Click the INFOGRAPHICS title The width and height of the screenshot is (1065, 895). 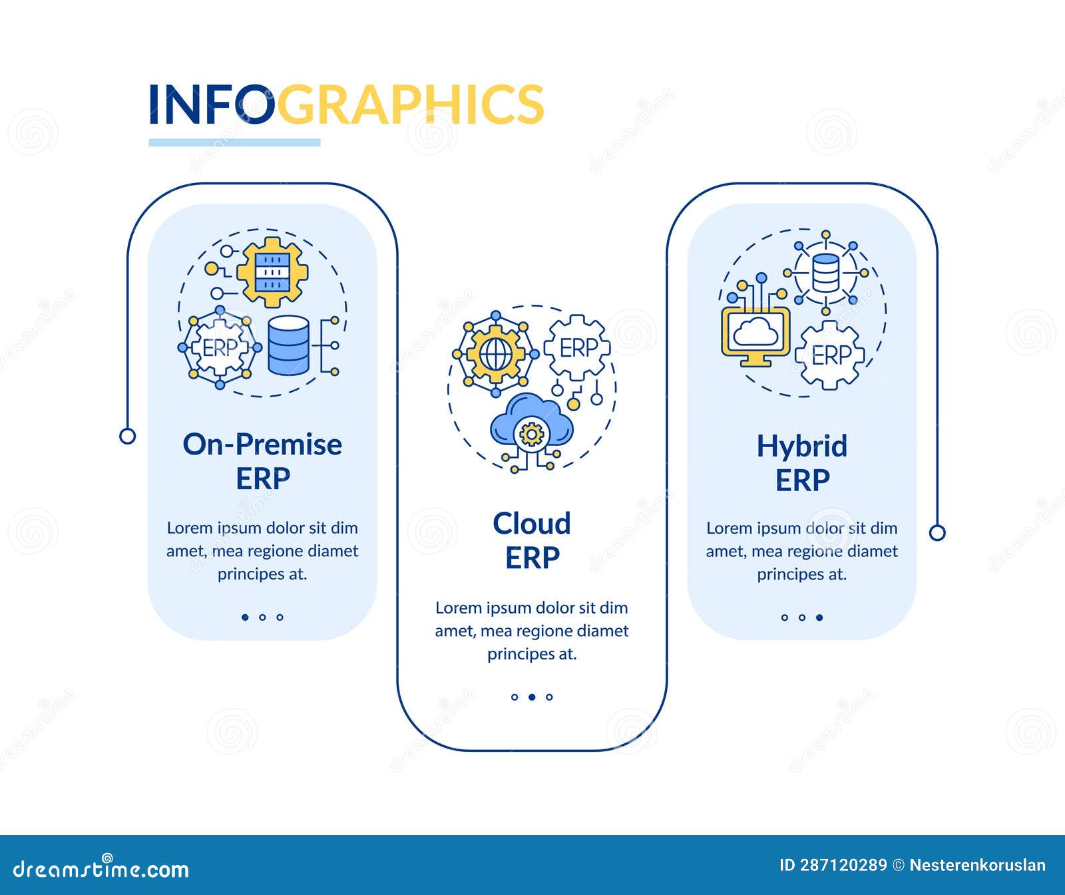coord(345,104)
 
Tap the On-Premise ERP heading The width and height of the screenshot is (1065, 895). coord(262,460)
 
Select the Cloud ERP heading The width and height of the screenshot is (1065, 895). coord(532,540)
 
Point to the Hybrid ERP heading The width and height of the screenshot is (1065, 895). coord(802,462)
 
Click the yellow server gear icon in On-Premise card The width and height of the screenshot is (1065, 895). coord(272,272)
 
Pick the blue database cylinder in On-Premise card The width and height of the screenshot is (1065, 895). coord(289,345)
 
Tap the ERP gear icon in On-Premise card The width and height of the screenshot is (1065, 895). coord(220,347)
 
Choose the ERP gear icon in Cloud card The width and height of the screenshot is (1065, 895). coord(577,348)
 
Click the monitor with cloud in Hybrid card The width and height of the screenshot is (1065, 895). coord(755,335)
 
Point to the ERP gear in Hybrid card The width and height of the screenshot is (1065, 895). coord(830,355)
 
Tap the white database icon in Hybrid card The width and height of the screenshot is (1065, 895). coord(826,273)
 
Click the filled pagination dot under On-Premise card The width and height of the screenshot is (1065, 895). coord(245,618)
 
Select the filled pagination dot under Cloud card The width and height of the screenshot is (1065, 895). coord(532,697)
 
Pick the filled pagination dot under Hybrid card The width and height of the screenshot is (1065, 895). coord(819,618)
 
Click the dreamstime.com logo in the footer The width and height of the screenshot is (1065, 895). coord(101,868)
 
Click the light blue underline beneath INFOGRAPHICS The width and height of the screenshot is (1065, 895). coord(234,142)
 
